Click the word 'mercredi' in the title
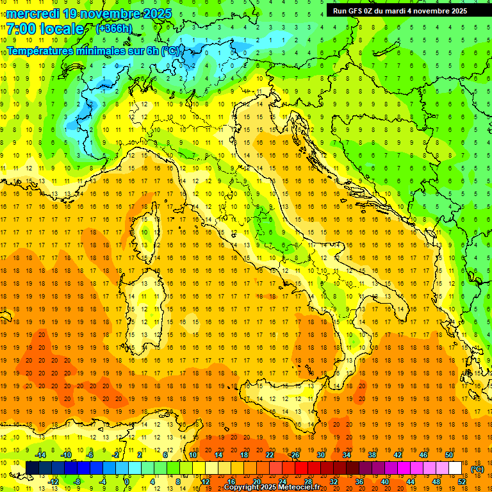pos(33,13)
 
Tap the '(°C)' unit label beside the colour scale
pos(477,469)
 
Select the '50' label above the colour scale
pos(448,455)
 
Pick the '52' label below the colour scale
pos(461,482)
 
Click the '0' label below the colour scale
pos(127,482)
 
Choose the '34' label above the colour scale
pos(346,455)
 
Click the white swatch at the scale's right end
pos(455,468)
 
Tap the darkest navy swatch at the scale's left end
pos(32,468)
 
